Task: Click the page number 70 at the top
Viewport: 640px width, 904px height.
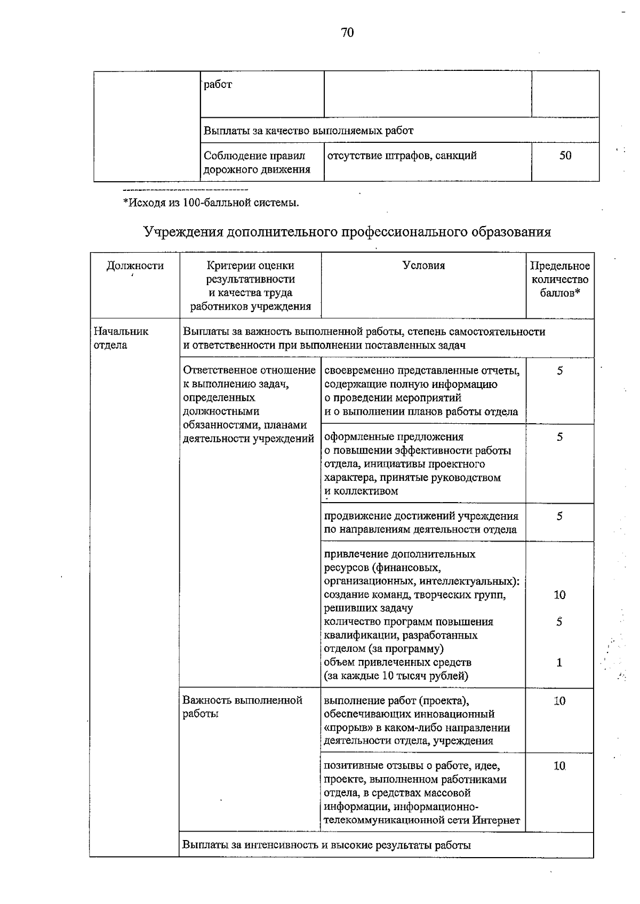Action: point(347,33)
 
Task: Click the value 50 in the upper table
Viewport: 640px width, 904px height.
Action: point(565,156)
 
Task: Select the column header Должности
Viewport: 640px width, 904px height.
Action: point(135,265)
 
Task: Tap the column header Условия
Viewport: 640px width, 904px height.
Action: point(423,265)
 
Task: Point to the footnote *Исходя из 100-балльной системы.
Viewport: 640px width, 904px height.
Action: point(211,203)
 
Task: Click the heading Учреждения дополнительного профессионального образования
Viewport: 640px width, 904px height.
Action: point(347,232)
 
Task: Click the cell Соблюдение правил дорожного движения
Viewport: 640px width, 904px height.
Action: point(257,163)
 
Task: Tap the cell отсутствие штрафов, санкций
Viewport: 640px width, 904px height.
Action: point(402,156)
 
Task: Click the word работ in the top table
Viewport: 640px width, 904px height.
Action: point(218,84)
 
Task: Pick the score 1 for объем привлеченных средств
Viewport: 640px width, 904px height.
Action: point(559,663)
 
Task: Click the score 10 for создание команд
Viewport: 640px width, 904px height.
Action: point(559,595)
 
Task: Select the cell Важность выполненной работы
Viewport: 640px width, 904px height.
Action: point(243,707)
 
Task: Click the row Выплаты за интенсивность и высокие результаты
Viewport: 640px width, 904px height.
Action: point(326,845)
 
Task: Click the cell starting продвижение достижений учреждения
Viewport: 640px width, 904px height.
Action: point(421,522)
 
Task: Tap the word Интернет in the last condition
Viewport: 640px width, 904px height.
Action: point(496,820)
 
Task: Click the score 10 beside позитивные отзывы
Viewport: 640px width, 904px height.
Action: point(559,766)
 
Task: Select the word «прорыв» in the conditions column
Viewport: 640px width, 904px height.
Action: point(343,728)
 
